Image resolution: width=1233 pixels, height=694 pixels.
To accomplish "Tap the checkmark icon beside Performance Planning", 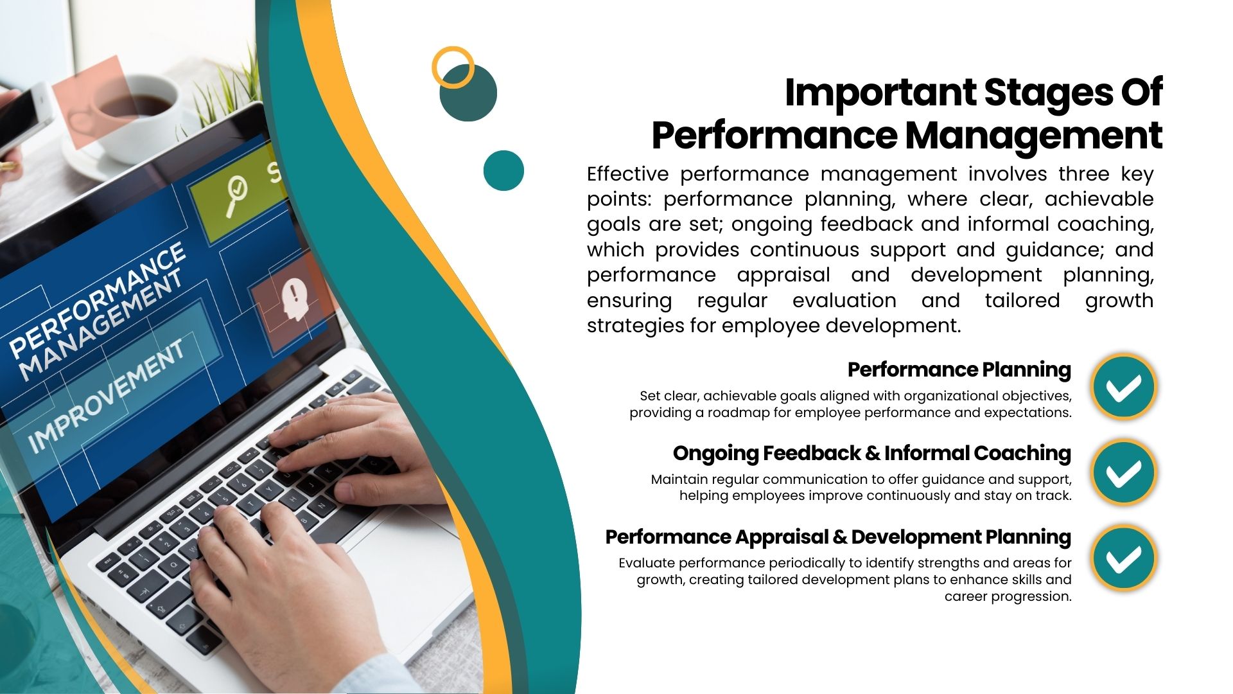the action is coord(1124,387).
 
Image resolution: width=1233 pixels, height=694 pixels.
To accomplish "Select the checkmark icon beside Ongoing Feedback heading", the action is coord(1124,472).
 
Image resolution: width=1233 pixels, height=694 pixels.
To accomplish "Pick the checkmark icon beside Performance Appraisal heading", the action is coord(1124,558).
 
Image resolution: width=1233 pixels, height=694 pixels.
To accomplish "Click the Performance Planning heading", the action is coord(959,370).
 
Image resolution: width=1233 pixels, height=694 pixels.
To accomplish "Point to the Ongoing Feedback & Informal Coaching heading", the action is coord(872,454).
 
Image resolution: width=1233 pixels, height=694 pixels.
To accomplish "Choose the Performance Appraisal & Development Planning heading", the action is coord(838,537).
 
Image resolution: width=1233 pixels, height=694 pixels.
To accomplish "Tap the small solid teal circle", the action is coord(503,170).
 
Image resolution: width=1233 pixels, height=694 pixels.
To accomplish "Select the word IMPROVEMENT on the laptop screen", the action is coord(106,395).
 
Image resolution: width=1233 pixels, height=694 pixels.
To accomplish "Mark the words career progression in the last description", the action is coord(1008,597).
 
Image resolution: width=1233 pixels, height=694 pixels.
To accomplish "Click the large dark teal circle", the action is coord(468,93).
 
